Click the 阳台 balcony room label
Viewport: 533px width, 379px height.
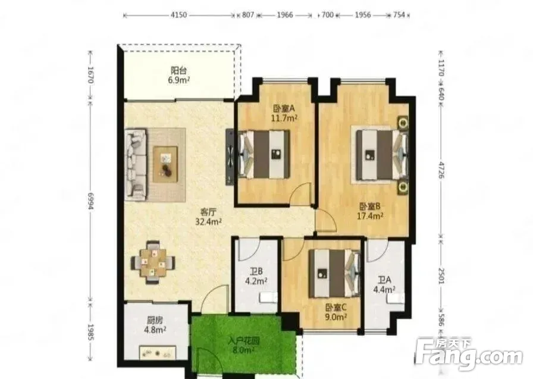pyautogui.click(x=178, y=71)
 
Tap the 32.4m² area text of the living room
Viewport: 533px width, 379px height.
pyautogui.click(x=209, y=222)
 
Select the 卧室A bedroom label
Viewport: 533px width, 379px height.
pyautogui.click(x=284, y=108)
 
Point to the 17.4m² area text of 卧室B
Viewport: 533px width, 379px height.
pyautogui.click(x=370, y=215)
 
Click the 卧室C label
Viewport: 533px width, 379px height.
pyautogui.click(x=336, y=308)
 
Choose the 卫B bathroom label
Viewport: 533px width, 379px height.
pyautogui.click(x=256, y=271)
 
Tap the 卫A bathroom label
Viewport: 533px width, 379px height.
pyautogui.click(x=384, y=280)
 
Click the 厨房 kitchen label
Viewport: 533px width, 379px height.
pyautogui.click(x=155, y=320)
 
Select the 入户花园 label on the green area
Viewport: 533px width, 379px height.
pyautogui.click(x=244, y=340)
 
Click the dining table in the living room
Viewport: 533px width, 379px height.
pyautogui.click(x=153, y=262)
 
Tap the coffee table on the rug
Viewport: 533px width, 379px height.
pyautogui.click(x=165, y=164)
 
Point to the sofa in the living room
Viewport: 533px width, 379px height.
pyautogui.click(x=136, y=164)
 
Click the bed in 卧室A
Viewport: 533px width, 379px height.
pyautogui.click(x=264, y=154)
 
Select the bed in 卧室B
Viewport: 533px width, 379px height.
pyautogui.click(x=381, y=155)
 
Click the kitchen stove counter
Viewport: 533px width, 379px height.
pyautogui.click(x=158, y=352)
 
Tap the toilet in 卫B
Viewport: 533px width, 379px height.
pyautogui.click(x=268, y=298)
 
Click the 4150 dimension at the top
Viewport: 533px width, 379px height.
pyautogui.click(x=179, y=15)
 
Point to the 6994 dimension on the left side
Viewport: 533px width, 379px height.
pyautogui.click(x=91, y=201)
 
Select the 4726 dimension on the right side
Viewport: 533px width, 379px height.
pyautogui.click(x=441, y=170)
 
